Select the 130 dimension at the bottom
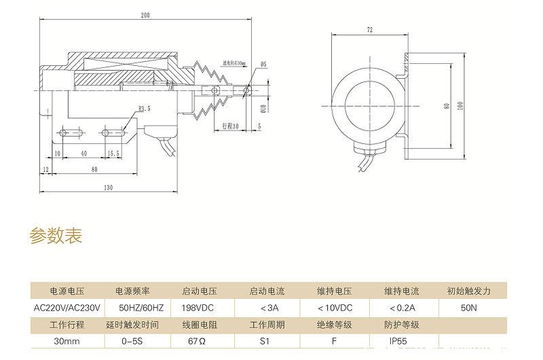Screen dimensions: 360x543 point(109,187)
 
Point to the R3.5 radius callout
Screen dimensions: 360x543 point(144,108)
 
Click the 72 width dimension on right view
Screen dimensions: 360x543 point(370,31)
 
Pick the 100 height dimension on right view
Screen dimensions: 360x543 point(460,105)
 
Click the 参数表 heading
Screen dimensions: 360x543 point(56,236)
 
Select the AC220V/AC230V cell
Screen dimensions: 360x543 point(66,308)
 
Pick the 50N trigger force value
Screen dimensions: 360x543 point(468,308)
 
